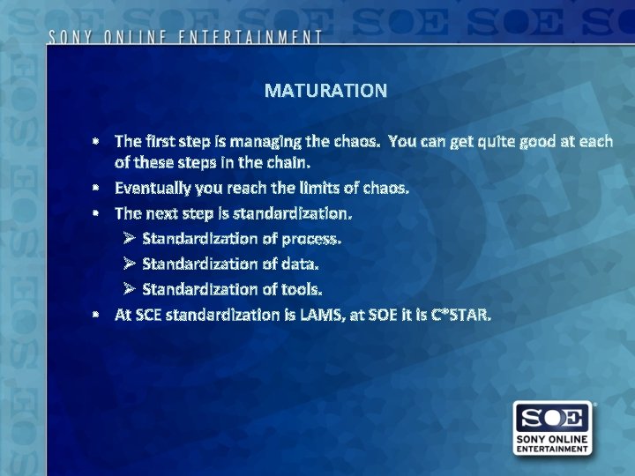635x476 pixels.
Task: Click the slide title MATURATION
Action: [x=325, y=91]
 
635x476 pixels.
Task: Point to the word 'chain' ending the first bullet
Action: [x=287, y=163]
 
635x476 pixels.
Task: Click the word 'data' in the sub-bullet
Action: [x=300, y=264]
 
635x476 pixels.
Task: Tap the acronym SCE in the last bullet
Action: [x=146, y=314]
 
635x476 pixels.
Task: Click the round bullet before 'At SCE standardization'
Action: [x=101, y=315]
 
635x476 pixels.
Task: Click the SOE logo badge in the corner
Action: [x=553, y=428]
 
